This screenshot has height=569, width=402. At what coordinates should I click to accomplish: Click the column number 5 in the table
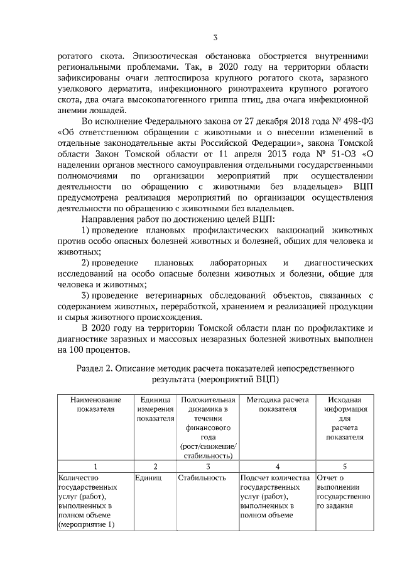tap(344, 467)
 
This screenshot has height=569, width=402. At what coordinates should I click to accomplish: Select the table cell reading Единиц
tap(148, 478)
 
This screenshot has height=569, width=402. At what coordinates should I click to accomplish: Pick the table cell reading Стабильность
tap(202, 478)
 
